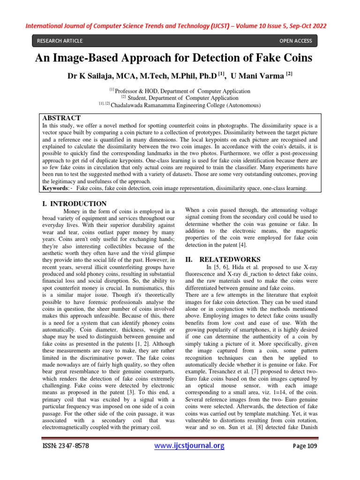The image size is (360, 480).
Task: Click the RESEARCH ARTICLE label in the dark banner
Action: pos(60,41)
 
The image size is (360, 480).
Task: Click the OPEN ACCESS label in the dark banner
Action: pos(295,41)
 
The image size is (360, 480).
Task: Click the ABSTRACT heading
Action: pos(61,118)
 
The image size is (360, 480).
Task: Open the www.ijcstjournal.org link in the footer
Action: pos(189,445)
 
